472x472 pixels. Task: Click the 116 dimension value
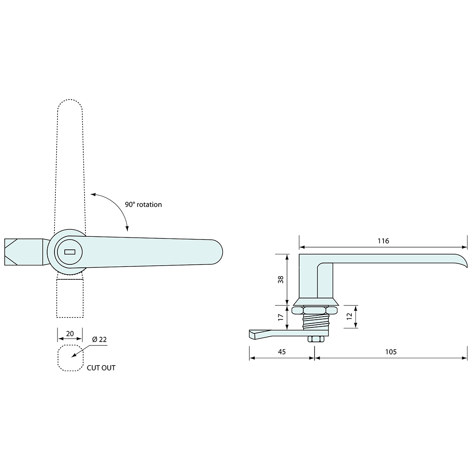pos(383,241)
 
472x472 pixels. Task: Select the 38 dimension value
pos(281,279)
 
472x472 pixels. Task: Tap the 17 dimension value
pos(281,318)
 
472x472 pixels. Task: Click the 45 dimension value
pos(281,352)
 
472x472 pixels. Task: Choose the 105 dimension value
pos(391,352)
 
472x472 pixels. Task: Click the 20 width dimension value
pos(70,334)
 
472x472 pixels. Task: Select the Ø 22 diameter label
pos(99,339)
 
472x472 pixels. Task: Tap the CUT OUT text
pos(101,368)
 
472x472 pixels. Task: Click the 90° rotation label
pos(143,205)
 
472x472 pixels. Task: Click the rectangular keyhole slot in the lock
pos(69,252)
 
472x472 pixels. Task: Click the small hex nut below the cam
pos(315,339)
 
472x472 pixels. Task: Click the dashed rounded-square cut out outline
pos(59,358)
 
